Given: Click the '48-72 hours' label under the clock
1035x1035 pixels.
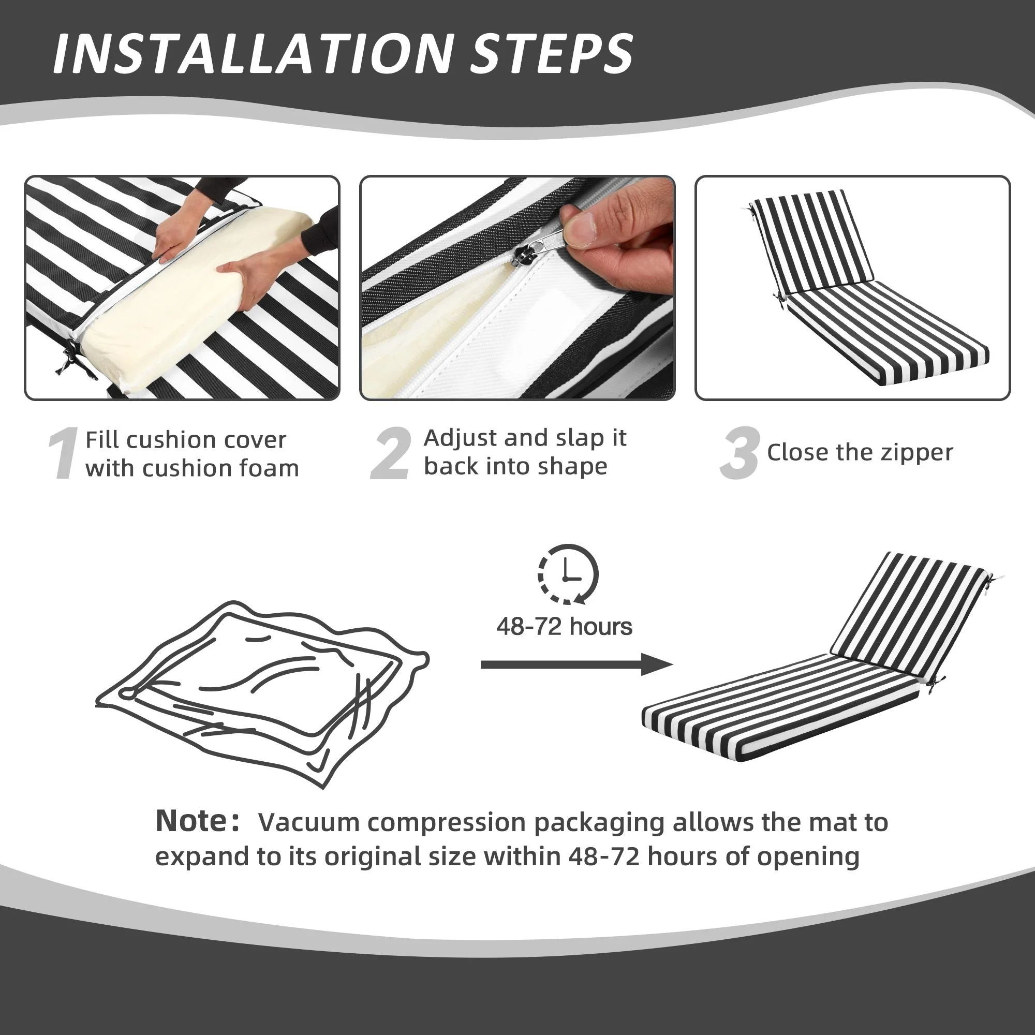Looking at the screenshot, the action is coord(564,626).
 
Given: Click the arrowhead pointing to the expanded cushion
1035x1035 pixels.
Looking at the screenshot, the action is coord(658,665).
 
